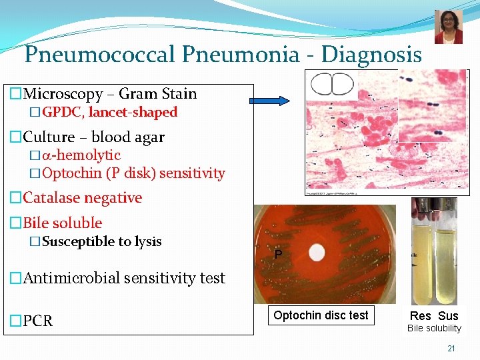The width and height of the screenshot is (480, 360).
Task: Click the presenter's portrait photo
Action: pos(448,27)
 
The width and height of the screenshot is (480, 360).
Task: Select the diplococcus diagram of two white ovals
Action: pos(332,84)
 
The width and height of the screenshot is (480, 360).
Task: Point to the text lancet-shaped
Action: pos(133,112)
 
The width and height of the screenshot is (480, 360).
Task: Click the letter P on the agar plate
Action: pos(278,255)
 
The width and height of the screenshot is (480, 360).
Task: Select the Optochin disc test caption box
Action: pos(321,315)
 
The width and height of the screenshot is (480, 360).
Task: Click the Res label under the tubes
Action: pos(420,316)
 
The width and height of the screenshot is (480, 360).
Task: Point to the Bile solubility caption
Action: pos(434,328)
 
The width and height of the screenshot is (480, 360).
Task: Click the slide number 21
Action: pos(451,349)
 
